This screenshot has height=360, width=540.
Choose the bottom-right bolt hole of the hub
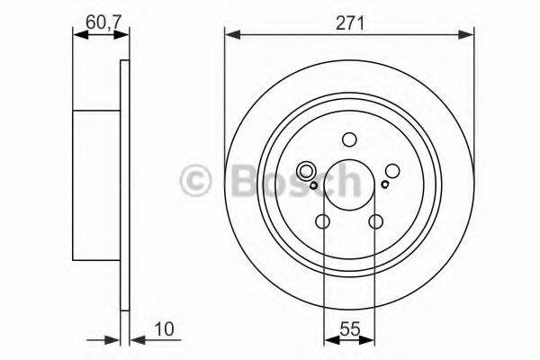point(376,220)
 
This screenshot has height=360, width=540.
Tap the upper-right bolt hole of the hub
point(393,170)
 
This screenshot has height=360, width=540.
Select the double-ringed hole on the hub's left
point(306,170)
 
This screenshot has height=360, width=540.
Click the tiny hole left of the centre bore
point(312,185)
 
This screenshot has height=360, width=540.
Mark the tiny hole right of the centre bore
point(385,184)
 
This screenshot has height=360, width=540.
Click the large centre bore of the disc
point(349,186)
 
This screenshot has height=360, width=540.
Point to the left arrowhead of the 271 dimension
point(229,34)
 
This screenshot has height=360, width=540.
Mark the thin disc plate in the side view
point(124,184)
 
